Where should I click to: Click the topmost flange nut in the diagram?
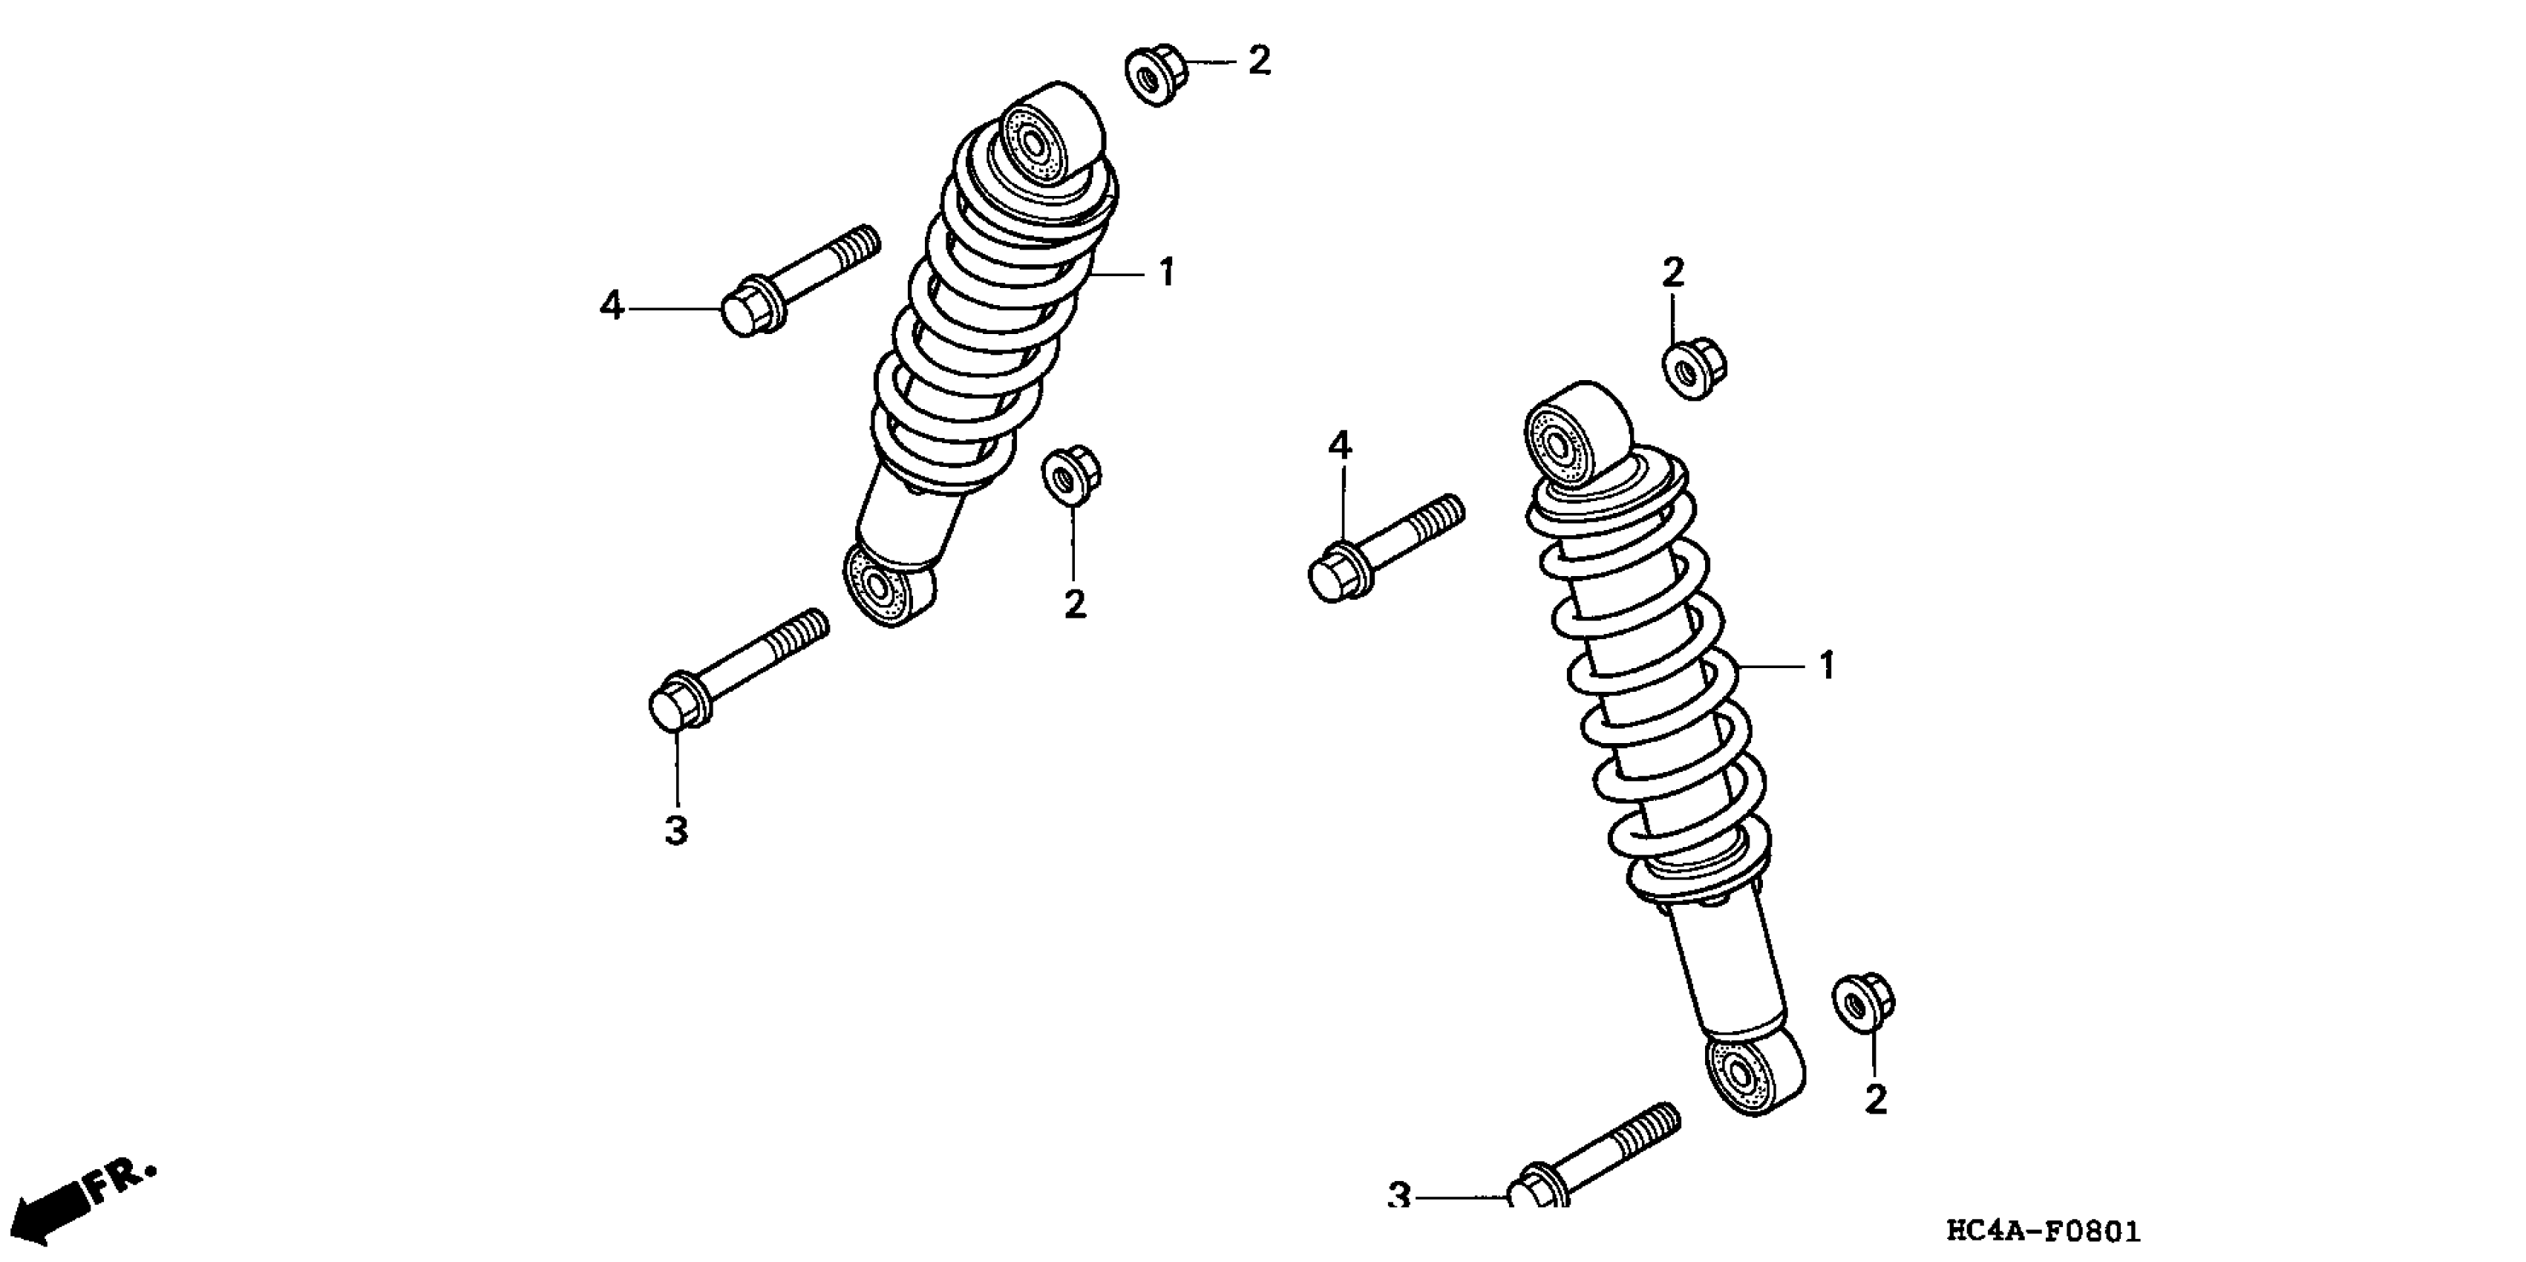pyautogui.click(x=1154, y=73)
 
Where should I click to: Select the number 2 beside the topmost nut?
pyautogui.click(x=1259, y=62)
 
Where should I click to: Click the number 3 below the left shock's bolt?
pyautogui.click(x=677, y=831)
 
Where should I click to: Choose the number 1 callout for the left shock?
pyautogui.click(x=1166, y=272)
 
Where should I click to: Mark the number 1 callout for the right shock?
pyautogui.click(x=1826, y=667)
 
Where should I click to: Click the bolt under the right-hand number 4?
pyautogui.click(x=1383, y=549)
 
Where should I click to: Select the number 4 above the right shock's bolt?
pyautogui.click(x=1340, y=447)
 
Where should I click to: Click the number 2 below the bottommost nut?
pyautogui.click(x=1875, y=1100)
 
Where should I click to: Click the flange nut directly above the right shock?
pyautogui.click(x=1692, y=367)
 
